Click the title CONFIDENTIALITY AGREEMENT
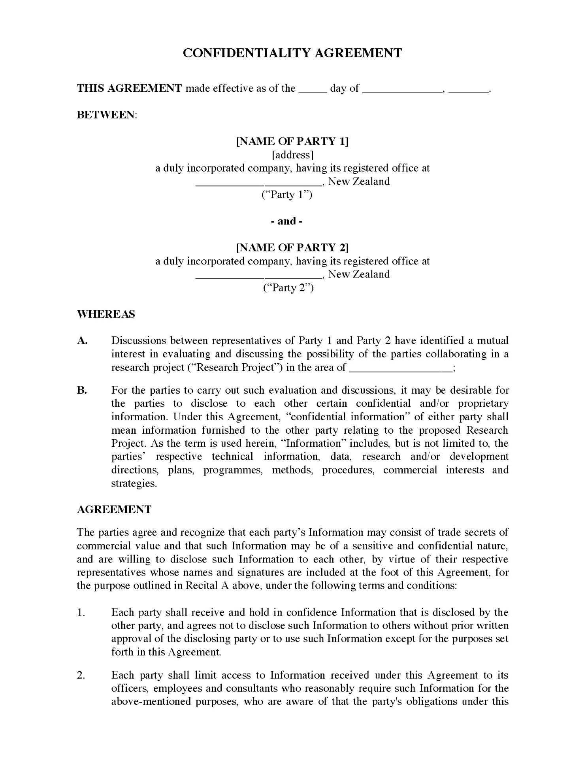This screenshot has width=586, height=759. [292, 53]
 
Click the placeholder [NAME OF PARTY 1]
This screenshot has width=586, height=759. [292, 141]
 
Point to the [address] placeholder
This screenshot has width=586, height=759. [292, 155]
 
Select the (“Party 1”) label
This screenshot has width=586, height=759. [287, 194]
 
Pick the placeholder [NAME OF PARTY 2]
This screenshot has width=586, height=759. [292, 247]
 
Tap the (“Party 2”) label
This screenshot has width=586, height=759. [288, 287]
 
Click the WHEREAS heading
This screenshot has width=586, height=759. [106, 314]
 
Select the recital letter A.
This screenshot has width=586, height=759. [82, 341]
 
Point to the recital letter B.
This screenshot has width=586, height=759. [82, 391]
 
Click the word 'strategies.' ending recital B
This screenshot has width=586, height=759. [134, 483]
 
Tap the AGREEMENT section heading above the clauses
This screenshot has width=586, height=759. [114, 510]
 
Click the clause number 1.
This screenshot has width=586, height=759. [81, 612]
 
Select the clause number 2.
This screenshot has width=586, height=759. [81, 675]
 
